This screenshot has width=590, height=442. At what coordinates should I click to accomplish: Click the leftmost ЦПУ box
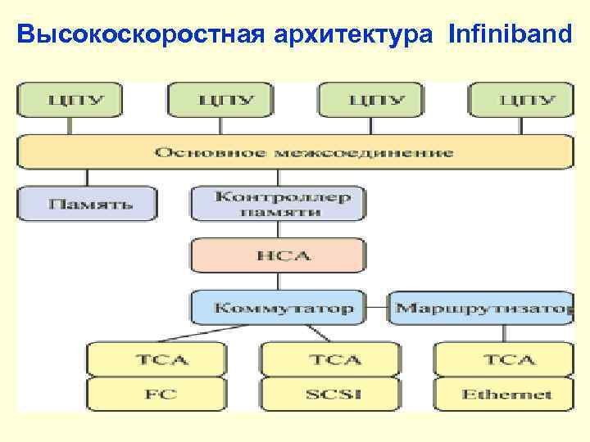pyautogui.click(x=70, y=100)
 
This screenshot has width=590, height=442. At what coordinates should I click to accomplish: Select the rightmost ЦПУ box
pyautogui.click(x=521, y=100)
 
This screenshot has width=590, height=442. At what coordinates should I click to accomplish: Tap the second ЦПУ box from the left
pyautogui.click(x=220, y=100)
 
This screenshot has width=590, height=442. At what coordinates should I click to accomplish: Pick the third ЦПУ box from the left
pyautogui.click(x=370, y=100)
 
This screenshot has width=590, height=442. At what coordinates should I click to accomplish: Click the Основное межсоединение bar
pyautogui.click(x=295, y=152)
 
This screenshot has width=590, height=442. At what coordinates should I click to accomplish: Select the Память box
pyautogui.click(x=87, y=203)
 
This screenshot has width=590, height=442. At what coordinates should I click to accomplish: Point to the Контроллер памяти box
pyautogui.click(x=279, y=203)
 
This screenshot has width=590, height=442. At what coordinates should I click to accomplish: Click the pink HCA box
pyautogui.click(x=279, y=255)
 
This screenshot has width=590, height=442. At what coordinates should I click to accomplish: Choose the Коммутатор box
pyautogui.click(x=279, y=308)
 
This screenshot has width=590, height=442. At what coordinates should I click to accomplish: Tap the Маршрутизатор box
pyautogui.click(x=482, y=308)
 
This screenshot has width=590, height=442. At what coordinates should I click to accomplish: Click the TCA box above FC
pyautogui.click(x=156, y=359)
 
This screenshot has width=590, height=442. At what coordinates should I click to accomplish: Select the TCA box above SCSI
pyautogui.click(x=330, y=359)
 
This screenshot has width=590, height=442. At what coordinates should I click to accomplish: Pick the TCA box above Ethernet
pyautogui.click(x=504, y=359)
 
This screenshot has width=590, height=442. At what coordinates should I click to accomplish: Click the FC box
pyautogui.click(x=156, y=394)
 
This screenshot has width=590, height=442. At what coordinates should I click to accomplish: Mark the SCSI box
pyautogui.click(x=330, y=394)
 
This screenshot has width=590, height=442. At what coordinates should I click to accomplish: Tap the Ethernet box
pyautogui.click(x=504, y=394)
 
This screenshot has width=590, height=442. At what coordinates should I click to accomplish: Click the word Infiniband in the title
pyautogui.click(x=510, y=34)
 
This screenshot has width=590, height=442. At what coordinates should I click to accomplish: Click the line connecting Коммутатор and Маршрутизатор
pyautogui.click(x=377, y=309)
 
